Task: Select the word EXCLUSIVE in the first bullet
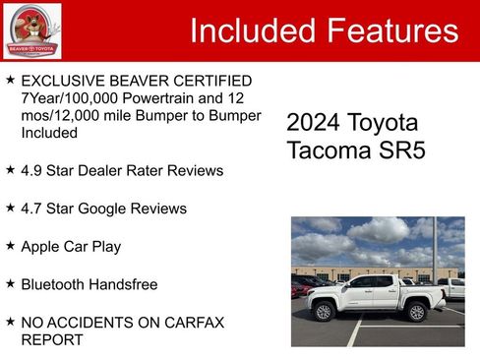click(64, 81)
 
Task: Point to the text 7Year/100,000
click(67, 98)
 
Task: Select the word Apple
click(41, 246)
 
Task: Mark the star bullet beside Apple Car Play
click(10, 246)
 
